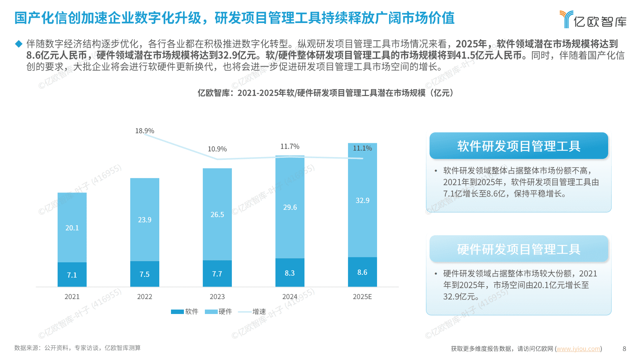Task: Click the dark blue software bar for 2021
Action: coord(72,274)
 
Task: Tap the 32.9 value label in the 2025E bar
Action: coord(362,201)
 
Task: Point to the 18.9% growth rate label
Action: coord(144,131)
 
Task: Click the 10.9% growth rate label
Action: coord(217,149)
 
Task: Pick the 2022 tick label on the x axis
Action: coord(144,297)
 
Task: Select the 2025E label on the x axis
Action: coord(362,297)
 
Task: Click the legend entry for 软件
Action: coord(185,312)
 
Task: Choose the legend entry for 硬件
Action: coord(219,312)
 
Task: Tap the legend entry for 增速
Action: coord(252,312)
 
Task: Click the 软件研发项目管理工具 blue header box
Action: coord(519,146)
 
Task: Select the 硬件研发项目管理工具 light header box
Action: coord(519,249)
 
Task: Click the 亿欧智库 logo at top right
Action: coord(593,19)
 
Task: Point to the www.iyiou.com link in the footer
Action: coord(578,349)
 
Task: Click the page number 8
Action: coord(624,349)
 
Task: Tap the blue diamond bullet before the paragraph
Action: coord(19,44)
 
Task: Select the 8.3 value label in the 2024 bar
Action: coord(290,273)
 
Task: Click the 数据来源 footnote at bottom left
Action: coord(77,348)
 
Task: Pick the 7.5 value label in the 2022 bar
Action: coord(144,274)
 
